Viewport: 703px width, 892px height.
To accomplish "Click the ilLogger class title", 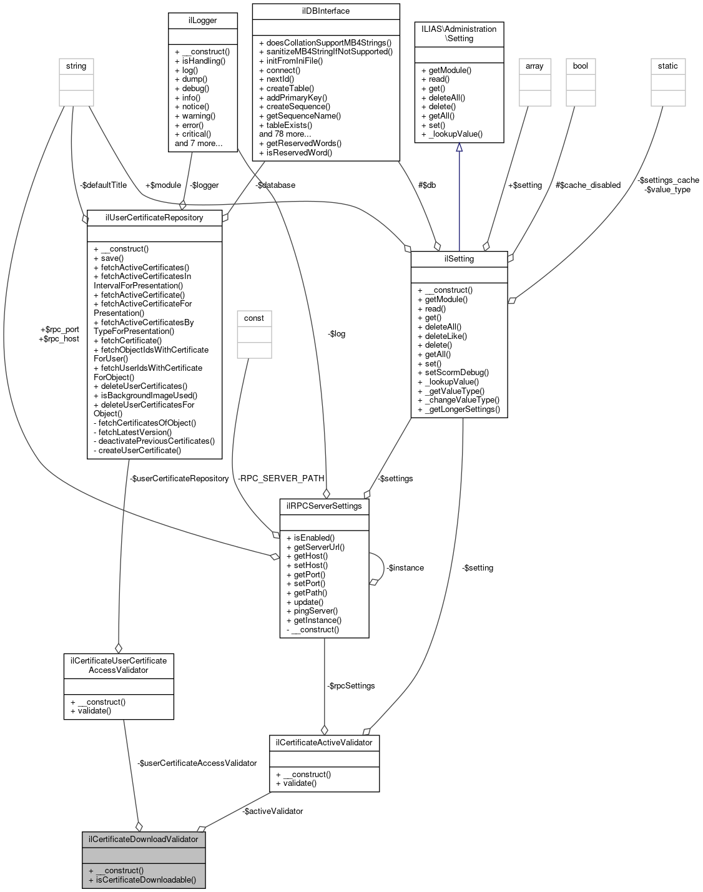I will (203, 21).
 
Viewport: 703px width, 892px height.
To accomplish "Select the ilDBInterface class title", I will (325, 11).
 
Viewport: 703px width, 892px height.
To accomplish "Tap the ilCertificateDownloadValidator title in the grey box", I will (143, 839).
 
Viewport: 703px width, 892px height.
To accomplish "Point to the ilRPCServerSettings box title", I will (324, 506).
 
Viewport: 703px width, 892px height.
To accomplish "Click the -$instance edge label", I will (405, 567).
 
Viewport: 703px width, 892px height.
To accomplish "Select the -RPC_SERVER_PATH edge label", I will (281, 478).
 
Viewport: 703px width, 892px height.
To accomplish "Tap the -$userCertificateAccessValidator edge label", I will (197, 763).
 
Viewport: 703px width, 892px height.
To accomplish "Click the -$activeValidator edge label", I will (273, 811).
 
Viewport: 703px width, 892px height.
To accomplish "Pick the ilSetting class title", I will (459, 259).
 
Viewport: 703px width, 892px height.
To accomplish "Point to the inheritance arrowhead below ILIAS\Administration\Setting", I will (459, 147).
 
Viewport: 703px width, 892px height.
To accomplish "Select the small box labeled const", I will (254, 318).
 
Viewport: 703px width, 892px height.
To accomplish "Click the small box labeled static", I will (667, 66).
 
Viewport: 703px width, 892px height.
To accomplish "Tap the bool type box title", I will (581, 66).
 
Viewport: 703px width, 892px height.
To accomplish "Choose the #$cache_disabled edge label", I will (587, 185).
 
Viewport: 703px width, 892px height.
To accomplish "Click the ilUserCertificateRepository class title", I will (154, 217).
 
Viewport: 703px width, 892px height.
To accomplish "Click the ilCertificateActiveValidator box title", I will (324, 742).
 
